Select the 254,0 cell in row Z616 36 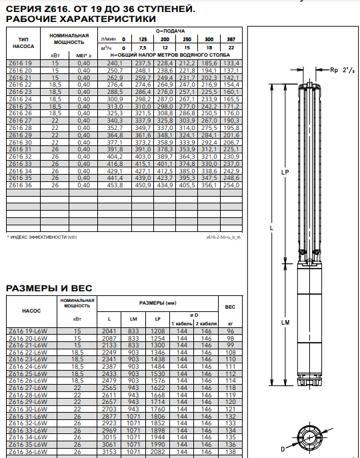[231, 185]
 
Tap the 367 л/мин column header [231, 39]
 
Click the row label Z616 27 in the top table [20, 121]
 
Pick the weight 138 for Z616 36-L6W [230, 451]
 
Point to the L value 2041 [109, 331]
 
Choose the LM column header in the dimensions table [133, 319]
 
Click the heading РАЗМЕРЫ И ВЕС [49, 288]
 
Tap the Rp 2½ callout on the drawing [342, 70]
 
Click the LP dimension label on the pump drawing [285, 173]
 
